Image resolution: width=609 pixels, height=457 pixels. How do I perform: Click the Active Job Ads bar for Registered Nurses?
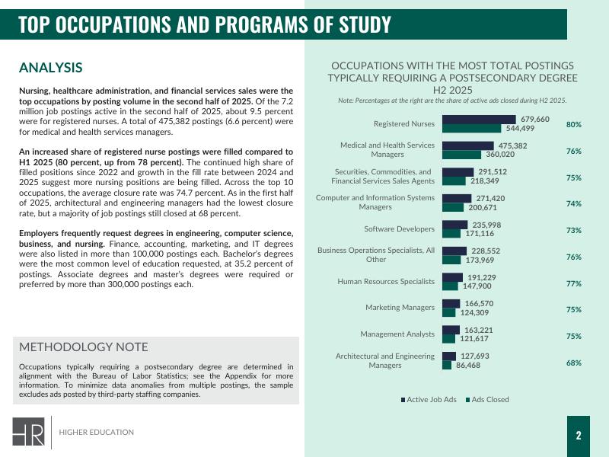pos(479,120)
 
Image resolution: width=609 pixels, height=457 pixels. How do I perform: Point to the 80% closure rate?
pos(574,124)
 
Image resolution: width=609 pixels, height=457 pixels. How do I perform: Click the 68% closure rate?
pos(574,363)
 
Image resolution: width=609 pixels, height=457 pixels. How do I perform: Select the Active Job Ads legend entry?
pos(429,399)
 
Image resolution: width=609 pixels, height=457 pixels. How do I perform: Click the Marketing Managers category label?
pos(400,308)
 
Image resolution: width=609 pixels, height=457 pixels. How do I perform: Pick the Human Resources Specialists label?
pos(386,282)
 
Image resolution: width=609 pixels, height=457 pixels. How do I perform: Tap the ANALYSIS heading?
pos(50,69)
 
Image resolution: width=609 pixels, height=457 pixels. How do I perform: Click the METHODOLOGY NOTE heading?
pos(84,347)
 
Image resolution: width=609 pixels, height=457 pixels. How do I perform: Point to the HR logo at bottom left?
pos(27,432)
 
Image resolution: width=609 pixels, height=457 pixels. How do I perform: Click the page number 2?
pos(579,436)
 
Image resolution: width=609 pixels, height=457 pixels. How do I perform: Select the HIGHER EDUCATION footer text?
pos(97,433)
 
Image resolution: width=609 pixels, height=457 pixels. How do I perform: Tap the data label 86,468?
pos(468,366)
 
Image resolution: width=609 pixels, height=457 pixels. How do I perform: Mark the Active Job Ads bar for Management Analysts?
pos(450,331)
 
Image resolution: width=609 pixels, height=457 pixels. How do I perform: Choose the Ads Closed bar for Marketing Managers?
pos(448,313)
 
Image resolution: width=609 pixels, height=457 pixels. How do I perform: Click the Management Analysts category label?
pos(397,334)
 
